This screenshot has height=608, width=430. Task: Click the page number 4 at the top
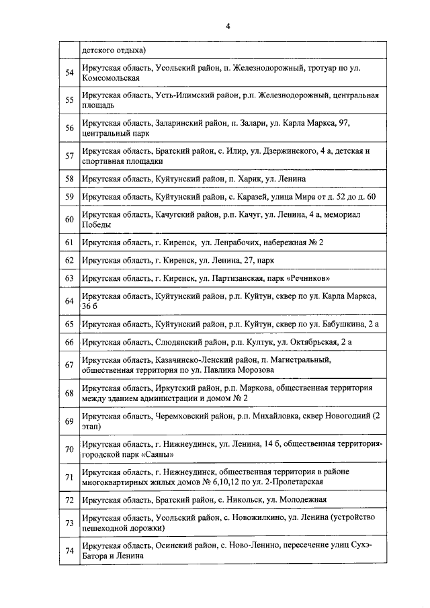[228, 26]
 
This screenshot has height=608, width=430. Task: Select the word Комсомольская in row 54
[110, 79]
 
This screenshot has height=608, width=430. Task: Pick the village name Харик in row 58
[245, 179]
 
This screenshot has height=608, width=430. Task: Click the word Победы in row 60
[96, 225]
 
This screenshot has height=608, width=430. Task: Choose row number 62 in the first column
[69, 259]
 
